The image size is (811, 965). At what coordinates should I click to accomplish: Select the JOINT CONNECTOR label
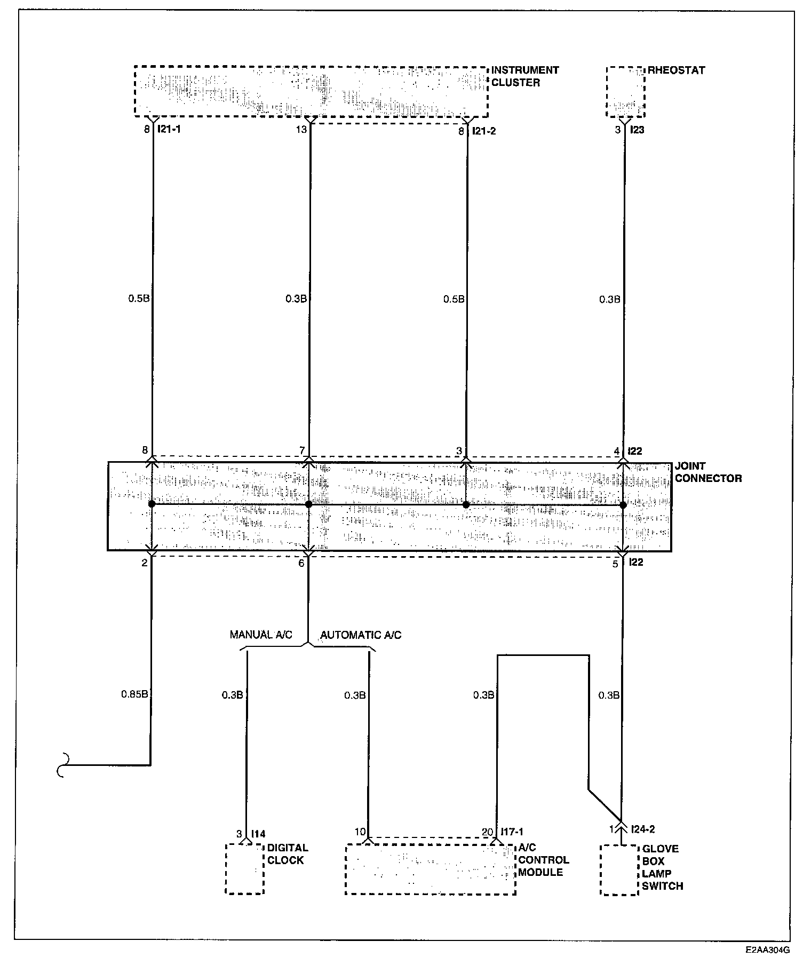pyautogui.click(x=707, y=472)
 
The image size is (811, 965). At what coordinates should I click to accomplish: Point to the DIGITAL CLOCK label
pyautogui.click(x=287, y=854)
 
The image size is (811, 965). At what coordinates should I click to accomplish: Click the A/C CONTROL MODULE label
pyautogui.click(x=543, y=860)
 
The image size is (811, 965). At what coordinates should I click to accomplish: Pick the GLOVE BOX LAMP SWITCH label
pyautogui.click(x=662, y=867)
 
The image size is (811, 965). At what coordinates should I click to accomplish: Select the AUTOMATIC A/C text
pyautogui.click(x=361, y=635)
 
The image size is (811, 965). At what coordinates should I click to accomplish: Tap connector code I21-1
pyautogui.click(x=170, y=130)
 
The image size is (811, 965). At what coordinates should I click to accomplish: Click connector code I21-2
pyautogui.click(x=484, y=131)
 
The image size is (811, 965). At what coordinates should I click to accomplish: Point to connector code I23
pyautogui.click(x=637, y=130)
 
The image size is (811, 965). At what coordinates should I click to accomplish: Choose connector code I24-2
pyautogui.click(x=642, y=829)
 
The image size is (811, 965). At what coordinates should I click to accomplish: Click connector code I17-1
pyautogui.click(x=512, y=832)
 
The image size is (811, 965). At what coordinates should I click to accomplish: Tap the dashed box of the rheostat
pyautogui.click(x=625, y=92)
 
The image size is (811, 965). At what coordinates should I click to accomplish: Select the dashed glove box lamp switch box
pyautogui.click(x=619, y=870)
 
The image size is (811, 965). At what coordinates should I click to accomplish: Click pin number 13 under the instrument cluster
pyautogui.click(x=302, y=129)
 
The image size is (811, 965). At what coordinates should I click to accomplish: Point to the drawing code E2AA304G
pyautogui.click(x=768, y=950)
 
